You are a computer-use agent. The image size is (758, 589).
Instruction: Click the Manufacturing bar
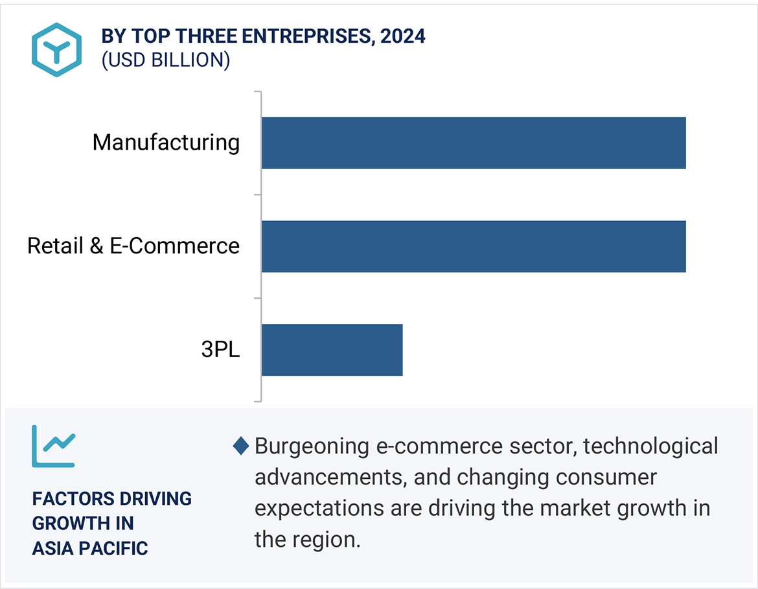tap(473, 143)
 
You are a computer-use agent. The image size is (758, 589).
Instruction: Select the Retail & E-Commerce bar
tap(473, 246)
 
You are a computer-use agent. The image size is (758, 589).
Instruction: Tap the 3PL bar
tap(332, 350)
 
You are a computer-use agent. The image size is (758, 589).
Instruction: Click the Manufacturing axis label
tap(166, 142)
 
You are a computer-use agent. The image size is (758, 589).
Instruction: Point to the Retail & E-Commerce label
tap(133, 246)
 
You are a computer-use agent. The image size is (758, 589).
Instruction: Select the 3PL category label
tap(220, 350)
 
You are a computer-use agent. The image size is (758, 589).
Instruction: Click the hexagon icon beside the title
tap(57, 50)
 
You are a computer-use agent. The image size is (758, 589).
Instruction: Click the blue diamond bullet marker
tap(241, 446)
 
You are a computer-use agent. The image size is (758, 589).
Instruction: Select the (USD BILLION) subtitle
tap(166, 60)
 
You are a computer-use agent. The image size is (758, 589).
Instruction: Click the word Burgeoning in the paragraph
tap(312, 446)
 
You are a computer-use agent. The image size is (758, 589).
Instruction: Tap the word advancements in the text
tap(330, 477)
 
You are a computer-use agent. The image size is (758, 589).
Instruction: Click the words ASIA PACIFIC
tap(90, 548)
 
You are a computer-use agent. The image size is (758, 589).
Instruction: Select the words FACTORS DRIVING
tap(112, 498)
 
